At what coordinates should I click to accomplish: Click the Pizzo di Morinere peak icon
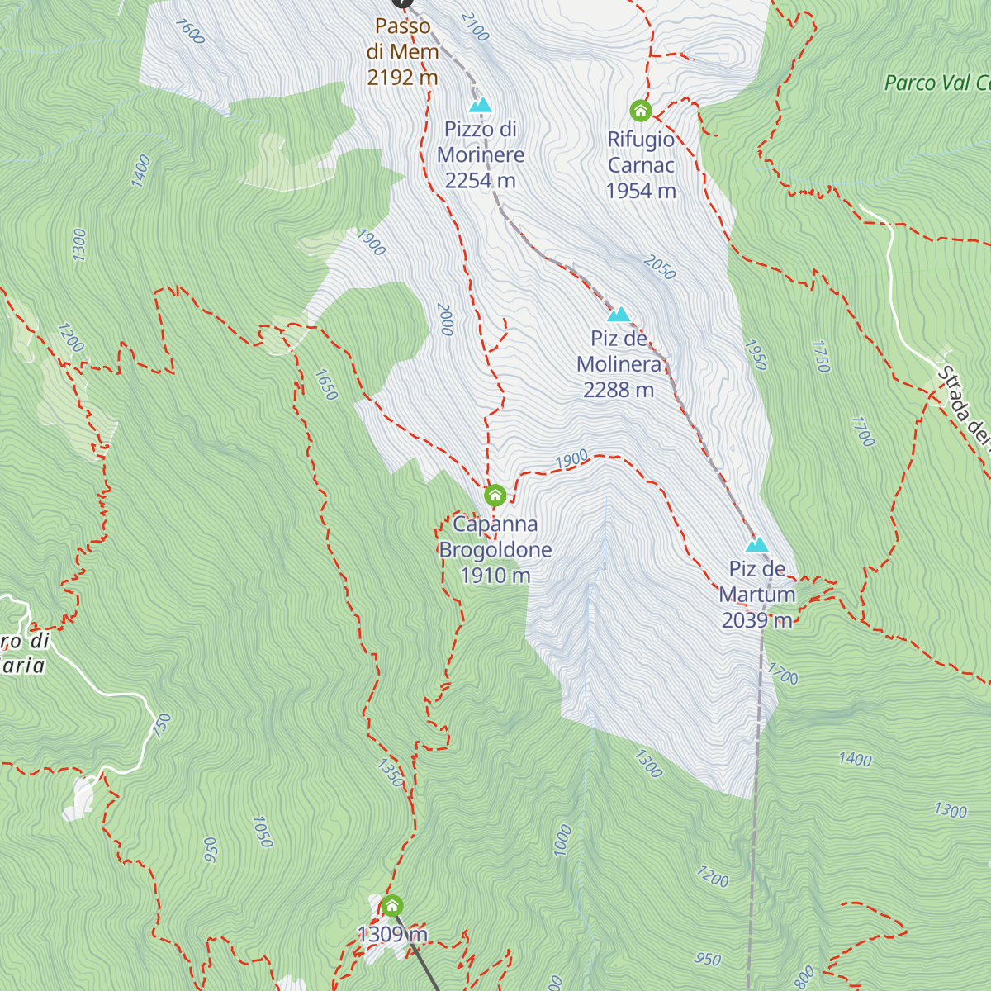pyautogui.click(x=480, y=105)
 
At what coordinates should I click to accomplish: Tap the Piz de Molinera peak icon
pyautogui.click(x=619, y=315)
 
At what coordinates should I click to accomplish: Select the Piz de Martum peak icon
pyautogui.click(x=756, y=545)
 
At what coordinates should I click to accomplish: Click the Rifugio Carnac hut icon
pyautogui.click(x=641, y=110)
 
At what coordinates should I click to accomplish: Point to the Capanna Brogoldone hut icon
pyautogui.click(x=495, y=495)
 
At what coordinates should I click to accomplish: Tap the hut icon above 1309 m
pyautogui.click(x=391, y=906)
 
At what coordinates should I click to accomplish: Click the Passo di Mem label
pyautogui.click(x=402, y=51)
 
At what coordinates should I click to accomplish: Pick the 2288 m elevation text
pyautogui.click(x=618, y=390)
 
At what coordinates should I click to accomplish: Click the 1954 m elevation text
pyautogui.click(x=641, y=191)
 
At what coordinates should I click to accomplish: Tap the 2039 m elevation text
pyautogui.click(x=756, y=620)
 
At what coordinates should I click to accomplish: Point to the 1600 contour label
pyautogui.click(x=190, y=31)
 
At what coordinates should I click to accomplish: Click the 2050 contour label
pyautogui.click(x=659, y=267)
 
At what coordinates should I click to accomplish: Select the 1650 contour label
pyautogui.click(x=326, y=384)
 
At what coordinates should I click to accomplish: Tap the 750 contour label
pyautogui.click(x=162, y=724)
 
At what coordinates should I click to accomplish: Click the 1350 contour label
pyautogui.click(x=391, y=771)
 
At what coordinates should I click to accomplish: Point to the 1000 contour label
pyautogui.click(x=563, y=840)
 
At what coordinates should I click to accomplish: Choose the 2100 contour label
pyautogui.click(x=475, y=26)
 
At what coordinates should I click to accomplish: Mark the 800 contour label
pyautogui.click(x=804, y=977)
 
